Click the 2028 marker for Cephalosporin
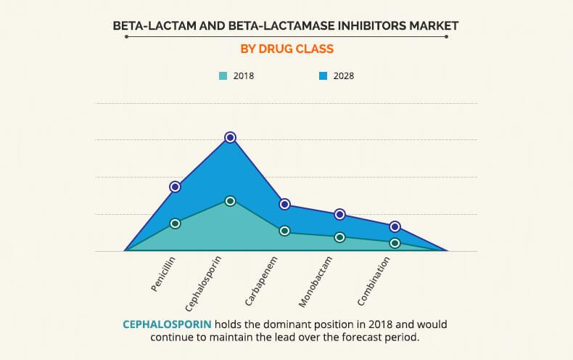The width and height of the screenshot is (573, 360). (x=230, y=137)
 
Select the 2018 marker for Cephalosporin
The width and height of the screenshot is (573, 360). (x=230, y=201)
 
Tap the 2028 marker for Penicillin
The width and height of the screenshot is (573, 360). (x=175, y=187)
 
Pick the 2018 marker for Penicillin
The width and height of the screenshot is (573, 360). (x=175, y=224)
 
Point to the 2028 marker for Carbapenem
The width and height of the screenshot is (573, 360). (x=285, y=205)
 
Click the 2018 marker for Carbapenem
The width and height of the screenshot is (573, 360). (x=285, y=231)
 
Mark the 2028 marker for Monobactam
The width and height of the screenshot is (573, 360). (x=339, y=214)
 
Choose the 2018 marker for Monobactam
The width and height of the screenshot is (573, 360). (x=339, y=237)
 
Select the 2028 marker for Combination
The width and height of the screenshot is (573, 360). (x=395, y=226)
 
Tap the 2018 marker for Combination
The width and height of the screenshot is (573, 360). (x=395, y=243)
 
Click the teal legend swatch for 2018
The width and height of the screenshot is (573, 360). (x=223, y=75)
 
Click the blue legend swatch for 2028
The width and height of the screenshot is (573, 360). (x=323, y=75)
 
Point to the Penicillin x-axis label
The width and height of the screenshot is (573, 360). (x=164, y=274)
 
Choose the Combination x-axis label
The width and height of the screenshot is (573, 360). (x=375, y=280)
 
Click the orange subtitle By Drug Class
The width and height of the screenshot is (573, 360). (x=286, y=50)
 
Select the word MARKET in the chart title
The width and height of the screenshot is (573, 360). (x=432, y=25)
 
